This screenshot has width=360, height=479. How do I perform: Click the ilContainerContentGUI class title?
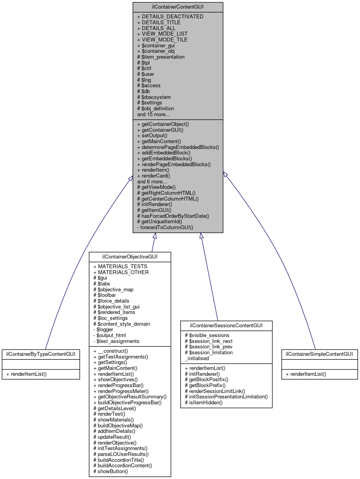(x=178, y=7)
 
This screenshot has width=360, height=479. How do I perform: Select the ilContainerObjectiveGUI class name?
(x=130, y=257)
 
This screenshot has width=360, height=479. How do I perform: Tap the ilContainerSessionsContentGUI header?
(x=226, y=326)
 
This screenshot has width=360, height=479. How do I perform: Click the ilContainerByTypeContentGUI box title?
(x=41, y=354)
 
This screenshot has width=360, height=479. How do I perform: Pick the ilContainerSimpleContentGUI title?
(x=319, y=354)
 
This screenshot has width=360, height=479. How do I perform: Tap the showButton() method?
(x=111, y=471)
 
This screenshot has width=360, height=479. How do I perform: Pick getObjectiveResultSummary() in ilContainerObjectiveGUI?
(x=130, y=396)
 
